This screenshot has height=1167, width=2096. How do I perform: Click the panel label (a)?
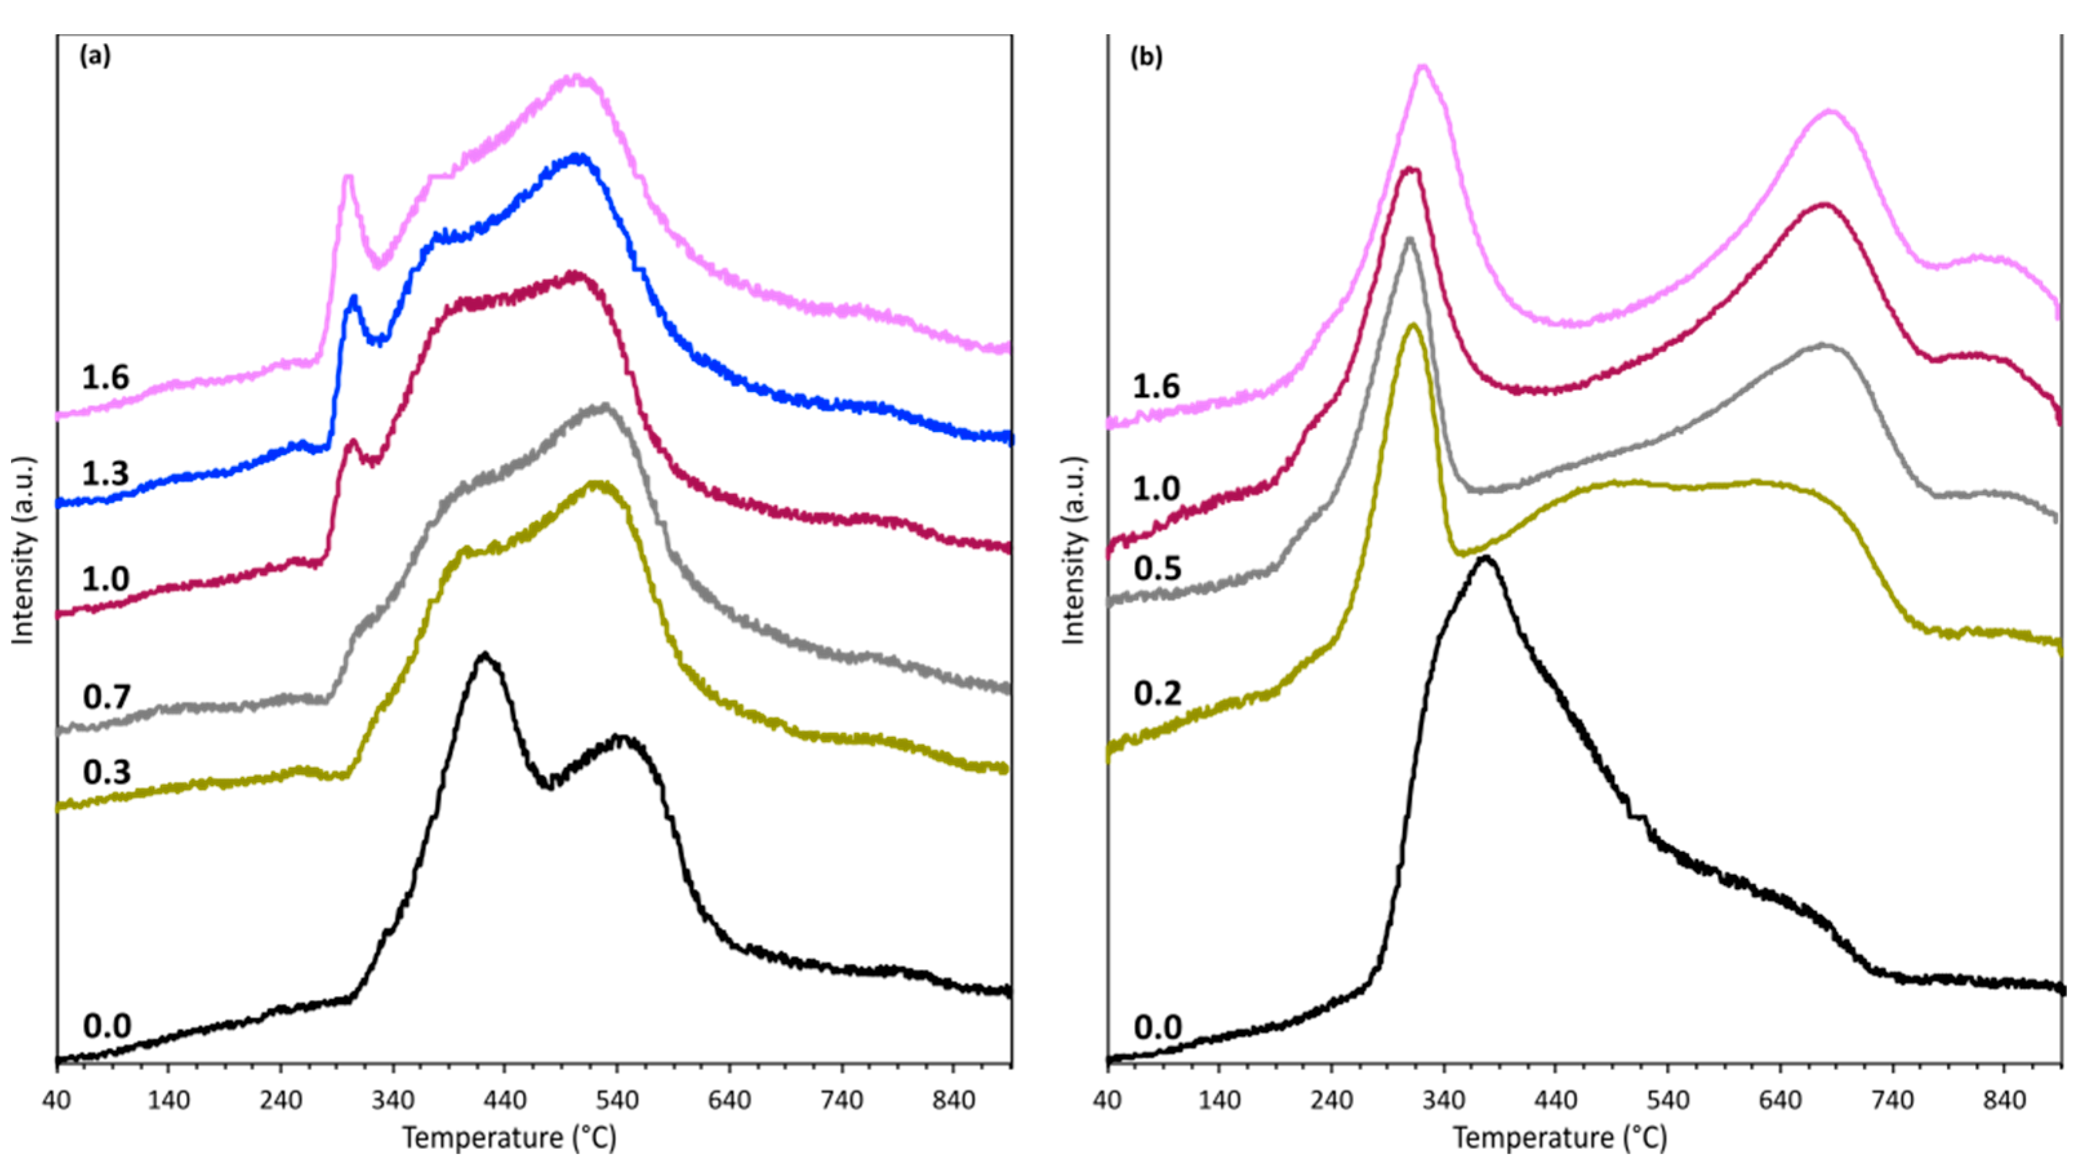click(x=94, y=56)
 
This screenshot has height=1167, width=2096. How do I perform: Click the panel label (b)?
click(x=1147, y=57)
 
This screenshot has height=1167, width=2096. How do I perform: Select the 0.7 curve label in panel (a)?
click(x=106, y=698)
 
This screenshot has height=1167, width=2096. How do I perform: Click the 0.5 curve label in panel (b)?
click(x=1157, y=568)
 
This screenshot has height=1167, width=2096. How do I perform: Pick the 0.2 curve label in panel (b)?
click(x=1157, y=693)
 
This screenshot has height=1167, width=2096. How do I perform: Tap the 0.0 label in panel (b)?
click(x=1157, y=1028)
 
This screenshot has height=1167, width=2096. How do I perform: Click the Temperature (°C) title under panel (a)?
click(x=509, y=1137)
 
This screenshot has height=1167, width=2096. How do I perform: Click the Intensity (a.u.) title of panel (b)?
click(x=1074, y=551)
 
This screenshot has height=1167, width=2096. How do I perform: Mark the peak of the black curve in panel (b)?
click(x=1485, y=558)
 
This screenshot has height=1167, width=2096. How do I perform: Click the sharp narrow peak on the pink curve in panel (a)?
click(x=348, y=177)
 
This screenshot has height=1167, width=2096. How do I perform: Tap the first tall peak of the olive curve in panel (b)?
click(x=1413, y=325)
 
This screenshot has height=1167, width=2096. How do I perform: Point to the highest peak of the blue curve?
click(x=578, y=155)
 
